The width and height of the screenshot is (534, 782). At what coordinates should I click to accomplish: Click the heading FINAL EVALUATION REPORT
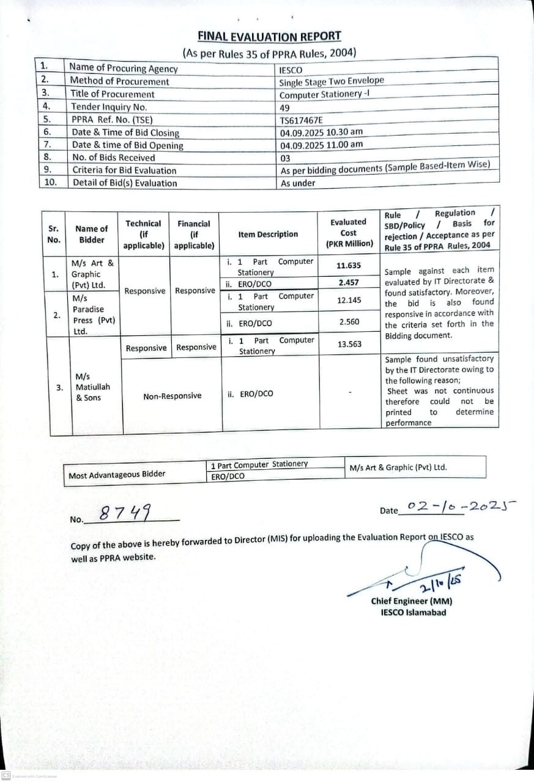click(269, 37)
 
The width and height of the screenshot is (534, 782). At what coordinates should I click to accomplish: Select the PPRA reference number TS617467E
click(301, 120)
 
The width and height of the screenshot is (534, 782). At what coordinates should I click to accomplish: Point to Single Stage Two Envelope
click(332, 82)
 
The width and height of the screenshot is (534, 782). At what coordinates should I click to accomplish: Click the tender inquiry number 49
click(284, 108)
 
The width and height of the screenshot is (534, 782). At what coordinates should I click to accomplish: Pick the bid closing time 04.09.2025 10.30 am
click(321, 133)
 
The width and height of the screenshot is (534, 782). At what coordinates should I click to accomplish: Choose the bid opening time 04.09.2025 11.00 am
click(321, 145)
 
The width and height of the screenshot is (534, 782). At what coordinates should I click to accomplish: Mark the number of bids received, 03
click(285, 158)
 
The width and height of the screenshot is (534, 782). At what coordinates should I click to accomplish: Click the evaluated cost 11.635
click(349, 266)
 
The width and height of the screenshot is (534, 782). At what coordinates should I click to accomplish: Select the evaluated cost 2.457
click(349, 283)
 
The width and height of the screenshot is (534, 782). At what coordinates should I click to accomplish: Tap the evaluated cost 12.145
click(349, 301)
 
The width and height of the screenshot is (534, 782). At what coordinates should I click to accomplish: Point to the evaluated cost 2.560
click(349, 322)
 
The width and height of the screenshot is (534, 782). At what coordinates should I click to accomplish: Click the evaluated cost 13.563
click(349, 345)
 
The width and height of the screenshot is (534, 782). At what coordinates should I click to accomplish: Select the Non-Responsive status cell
click(172, 396)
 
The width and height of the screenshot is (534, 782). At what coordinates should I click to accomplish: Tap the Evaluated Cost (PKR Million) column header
click(349, 233)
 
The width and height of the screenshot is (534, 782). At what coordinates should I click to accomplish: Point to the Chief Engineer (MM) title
click(412, 601)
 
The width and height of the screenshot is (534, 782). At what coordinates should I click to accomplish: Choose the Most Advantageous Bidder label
click(117, 475)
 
